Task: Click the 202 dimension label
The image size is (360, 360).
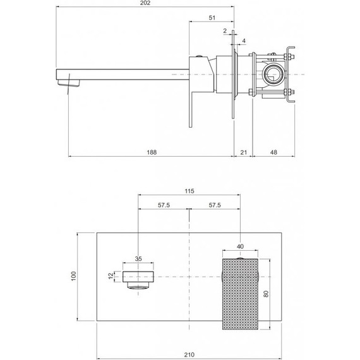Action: [145, 3]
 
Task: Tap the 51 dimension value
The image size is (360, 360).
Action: [212, 18]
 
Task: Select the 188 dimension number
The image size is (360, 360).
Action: [152, 152]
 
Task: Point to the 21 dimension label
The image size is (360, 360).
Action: [243, 152]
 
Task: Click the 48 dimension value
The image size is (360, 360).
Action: [273, 152]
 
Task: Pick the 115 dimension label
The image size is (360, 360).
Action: [189, 191]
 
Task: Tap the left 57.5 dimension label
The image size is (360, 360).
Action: [164, 205]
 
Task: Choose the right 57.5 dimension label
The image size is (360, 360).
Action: [215, 205]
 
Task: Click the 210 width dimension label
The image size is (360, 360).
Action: [189, 355]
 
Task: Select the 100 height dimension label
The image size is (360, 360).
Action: [73, 277]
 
